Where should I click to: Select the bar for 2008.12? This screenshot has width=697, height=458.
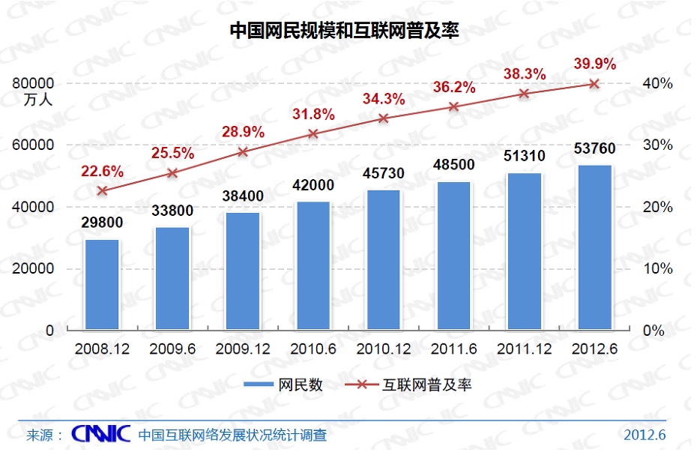102,285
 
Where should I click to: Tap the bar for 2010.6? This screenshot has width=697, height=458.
313,266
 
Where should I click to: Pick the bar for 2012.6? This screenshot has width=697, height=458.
595,247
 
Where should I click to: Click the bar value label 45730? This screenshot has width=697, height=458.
383,174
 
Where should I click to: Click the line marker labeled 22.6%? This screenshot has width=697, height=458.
102,190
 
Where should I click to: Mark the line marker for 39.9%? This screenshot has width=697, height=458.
594,84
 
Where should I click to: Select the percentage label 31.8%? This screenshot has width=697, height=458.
313,115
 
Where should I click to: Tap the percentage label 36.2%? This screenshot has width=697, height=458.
454,88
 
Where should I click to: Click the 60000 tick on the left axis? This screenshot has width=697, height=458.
34,145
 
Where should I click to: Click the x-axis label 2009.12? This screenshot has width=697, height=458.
243,349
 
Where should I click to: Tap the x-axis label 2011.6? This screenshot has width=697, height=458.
454,349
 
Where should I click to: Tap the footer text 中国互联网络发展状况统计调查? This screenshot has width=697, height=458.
232,435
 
